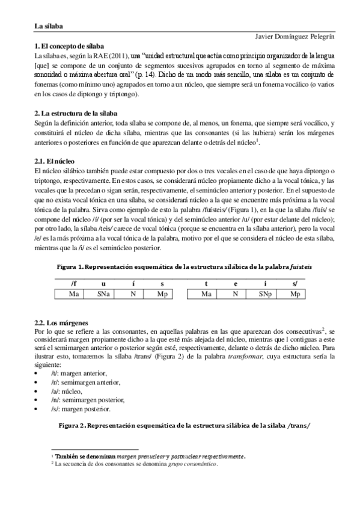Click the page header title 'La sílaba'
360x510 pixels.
click(49, 26)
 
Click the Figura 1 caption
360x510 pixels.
click(180, 265)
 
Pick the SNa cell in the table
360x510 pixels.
click(104, 294)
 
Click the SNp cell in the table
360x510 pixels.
click(265, 294)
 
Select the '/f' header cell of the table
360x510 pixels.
click(74, 284)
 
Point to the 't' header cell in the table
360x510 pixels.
click(206, 284)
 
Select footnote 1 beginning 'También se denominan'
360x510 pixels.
click(150, 456)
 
